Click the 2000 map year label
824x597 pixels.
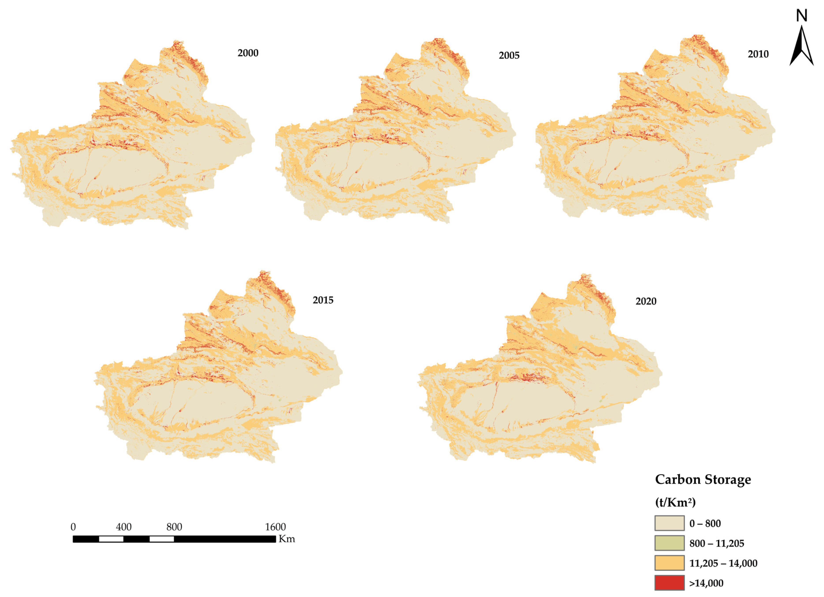coord(248,53)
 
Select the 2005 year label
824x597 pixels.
coord(509,56)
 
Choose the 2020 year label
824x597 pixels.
coord(646,301)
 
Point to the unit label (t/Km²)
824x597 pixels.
coord(675,502)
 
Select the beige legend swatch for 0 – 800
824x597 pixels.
coord(669,523)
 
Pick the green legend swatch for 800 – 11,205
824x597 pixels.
coord(669,543)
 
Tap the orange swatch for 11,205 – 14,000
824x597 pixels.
coord(669,563)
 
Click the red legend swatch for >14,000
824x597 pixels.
coord(669,583)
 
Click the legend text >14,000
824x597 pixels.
coord(706,583)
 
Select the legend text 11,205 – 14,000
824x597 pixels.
coord(723,563)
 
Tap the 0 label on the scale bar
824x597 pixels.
coord(73,527)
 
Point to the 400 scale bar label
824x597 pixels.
coord(124,527)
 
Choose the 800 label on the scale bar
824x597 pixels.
coord(174,527)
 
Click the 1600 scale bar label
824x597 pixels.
coord(275,527)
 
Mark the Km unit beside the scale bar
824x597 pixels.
coord(287,539)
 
